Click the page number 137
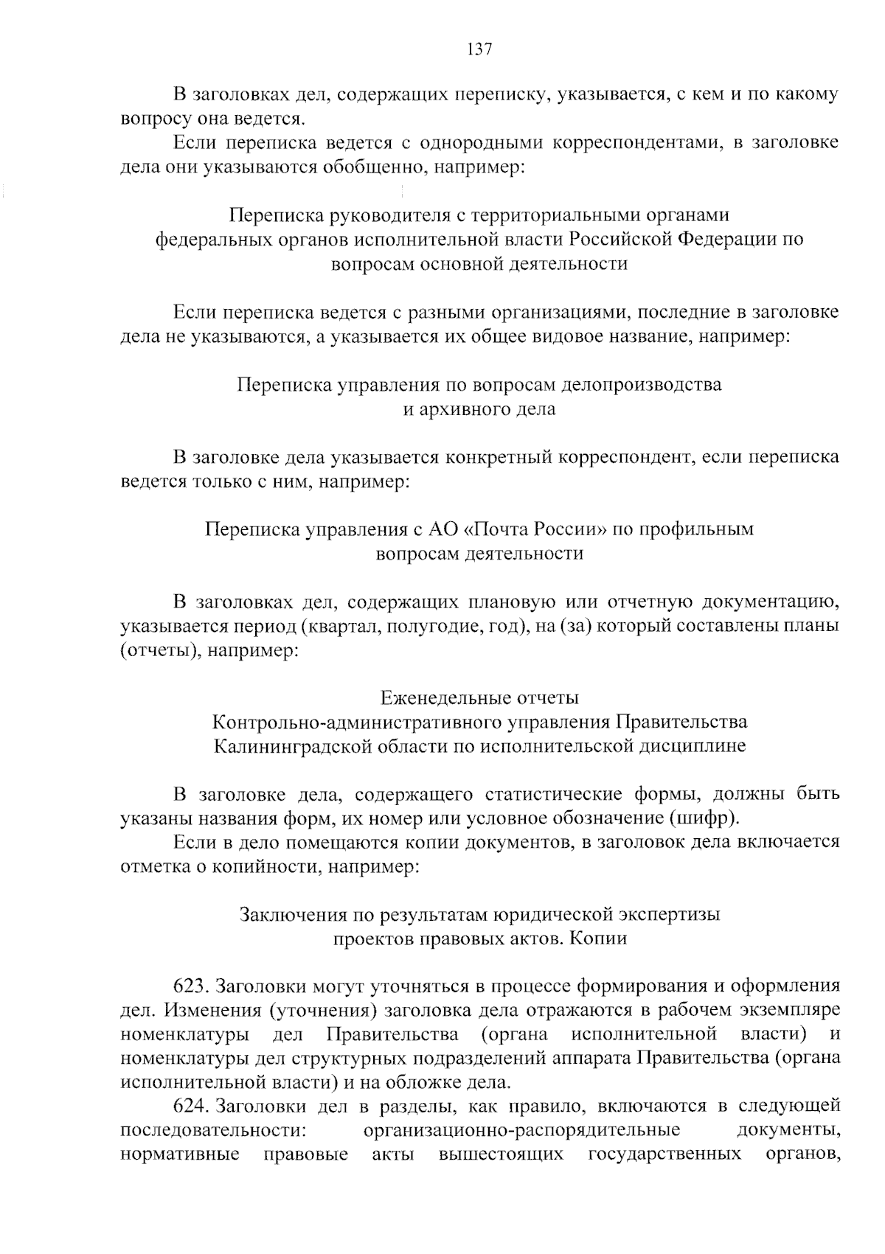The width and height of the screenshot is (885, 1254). tap(479, 49)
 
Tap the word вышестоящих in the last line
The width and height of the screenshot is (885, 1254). tap(501, 1154)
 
